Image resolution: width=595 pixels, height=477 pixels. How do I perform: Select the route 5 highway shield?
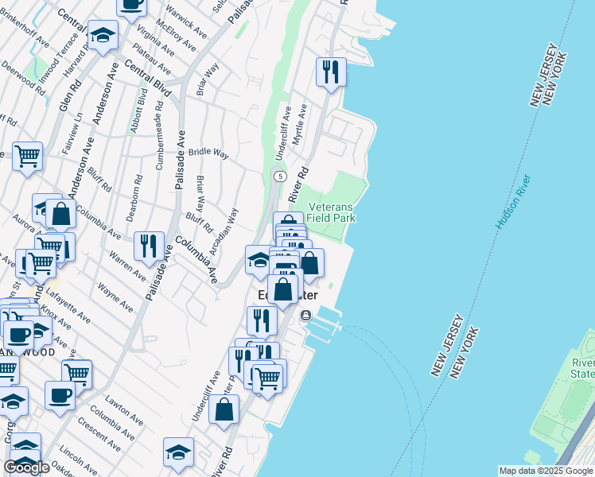[279, 175]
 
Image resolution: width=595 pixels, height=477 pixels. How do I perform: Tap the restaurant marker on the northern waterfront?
[329, 72]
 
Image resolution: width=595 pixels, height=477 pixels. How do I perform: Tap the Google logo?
[26, 467]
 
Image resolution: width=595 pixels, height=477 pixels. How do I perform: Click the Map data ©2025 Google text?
[545, 471]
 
